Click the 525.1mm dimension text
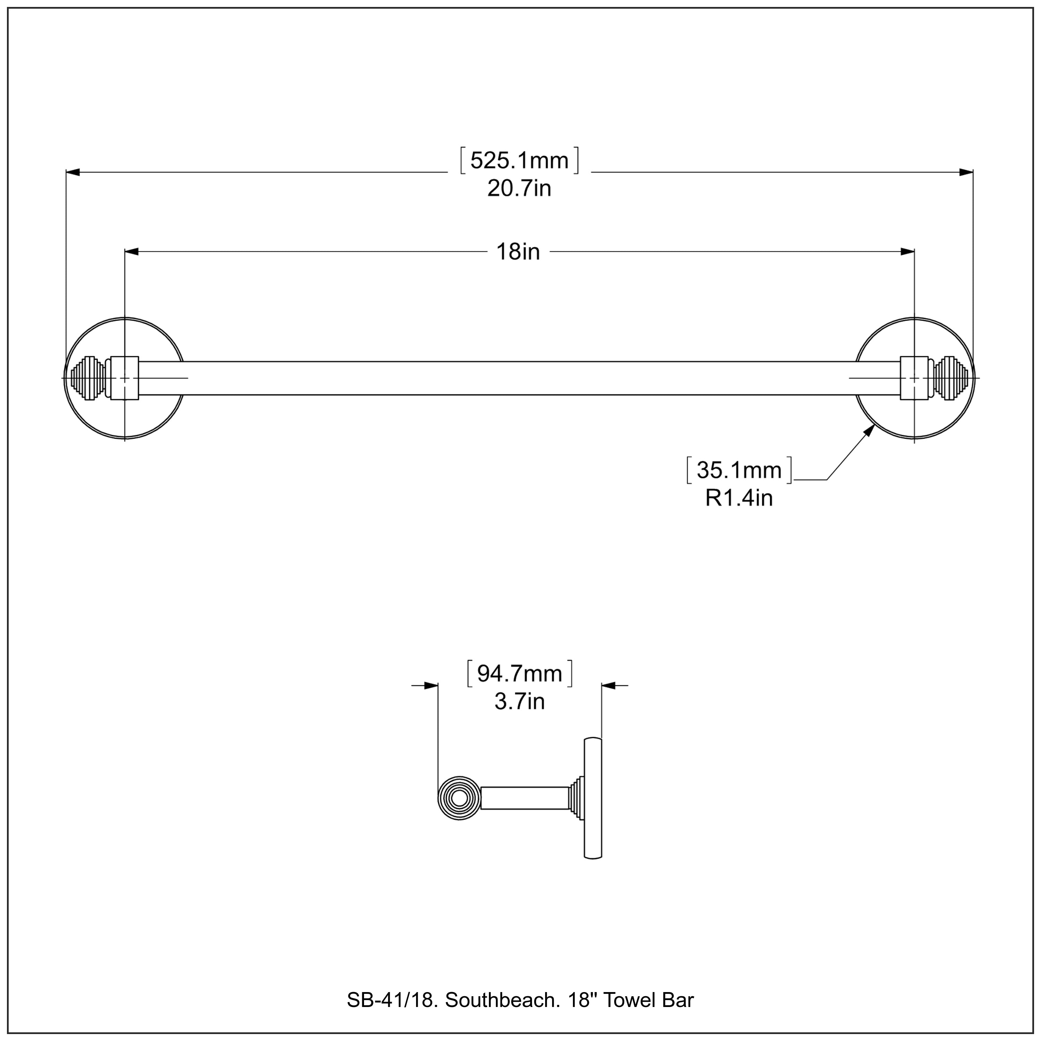[x=519, y=161]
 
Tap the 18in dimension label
[x=518, y=252]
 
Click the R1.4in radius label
[x=739, y=498]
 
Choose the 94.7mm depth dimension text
[x=519, y=674]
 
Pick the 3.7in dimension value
[x=519, y=702]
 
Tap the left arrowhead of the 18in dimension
[x=132, y=252]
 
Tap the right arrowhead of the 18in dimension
[x=907, y=252]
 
